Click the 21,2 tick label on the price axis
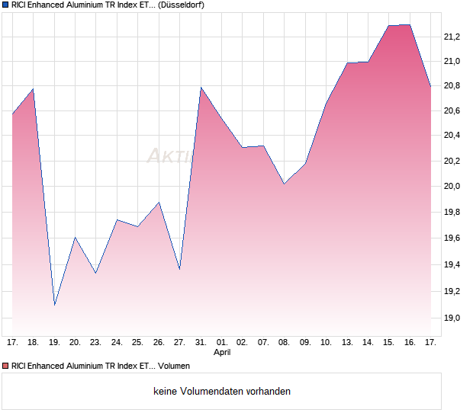click(x=452, y=37)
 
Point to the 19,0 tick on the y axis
click(x=452, y=318)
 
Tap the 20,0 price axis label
click(x=452, y=186)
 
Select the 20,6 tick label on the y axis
click(x=452, y=111)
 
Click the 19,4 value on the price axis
click(x=452, y=265)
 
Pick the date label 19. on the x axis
click(x=54, y=343)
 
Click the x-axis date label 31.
click(x=201, y=343)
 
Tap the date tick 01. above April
click(x=222, y=343)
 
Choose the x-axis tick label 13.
click(x=347, y=343)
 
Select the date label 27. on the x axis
click(x=179, y=343)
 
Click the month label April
click(x=222, y=353)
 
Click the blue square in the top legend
click(x=5, y=5)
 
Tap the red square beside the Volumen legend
click(x=5, y=366)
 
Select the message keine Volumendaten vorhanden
click(x=222, y=391)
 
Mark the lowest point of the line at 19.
click(x=54, y=305)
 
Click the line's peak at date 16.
click(x=410, y=24)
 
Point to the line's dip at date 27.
click(x=179, y=269)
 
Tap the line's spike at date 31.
click(x=201, y=88)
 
